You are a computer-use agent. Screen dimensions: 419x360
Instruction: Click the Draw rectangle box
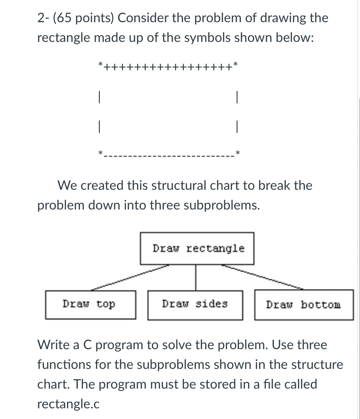coord(197,249)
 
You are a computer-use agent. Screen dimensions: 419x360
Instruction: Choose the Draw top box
coord(90,304)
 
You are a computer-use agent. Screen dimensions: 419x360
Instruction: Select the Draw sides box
coord(195,304)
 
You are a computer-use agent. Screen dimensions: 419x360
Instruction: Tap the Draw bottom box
coord(303,305)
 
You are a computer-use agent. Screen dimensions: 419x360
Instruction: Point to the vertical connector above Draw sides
coord(195,277)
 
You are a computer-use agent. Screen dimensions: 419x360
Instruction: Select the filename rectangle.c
coord(68,404)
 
